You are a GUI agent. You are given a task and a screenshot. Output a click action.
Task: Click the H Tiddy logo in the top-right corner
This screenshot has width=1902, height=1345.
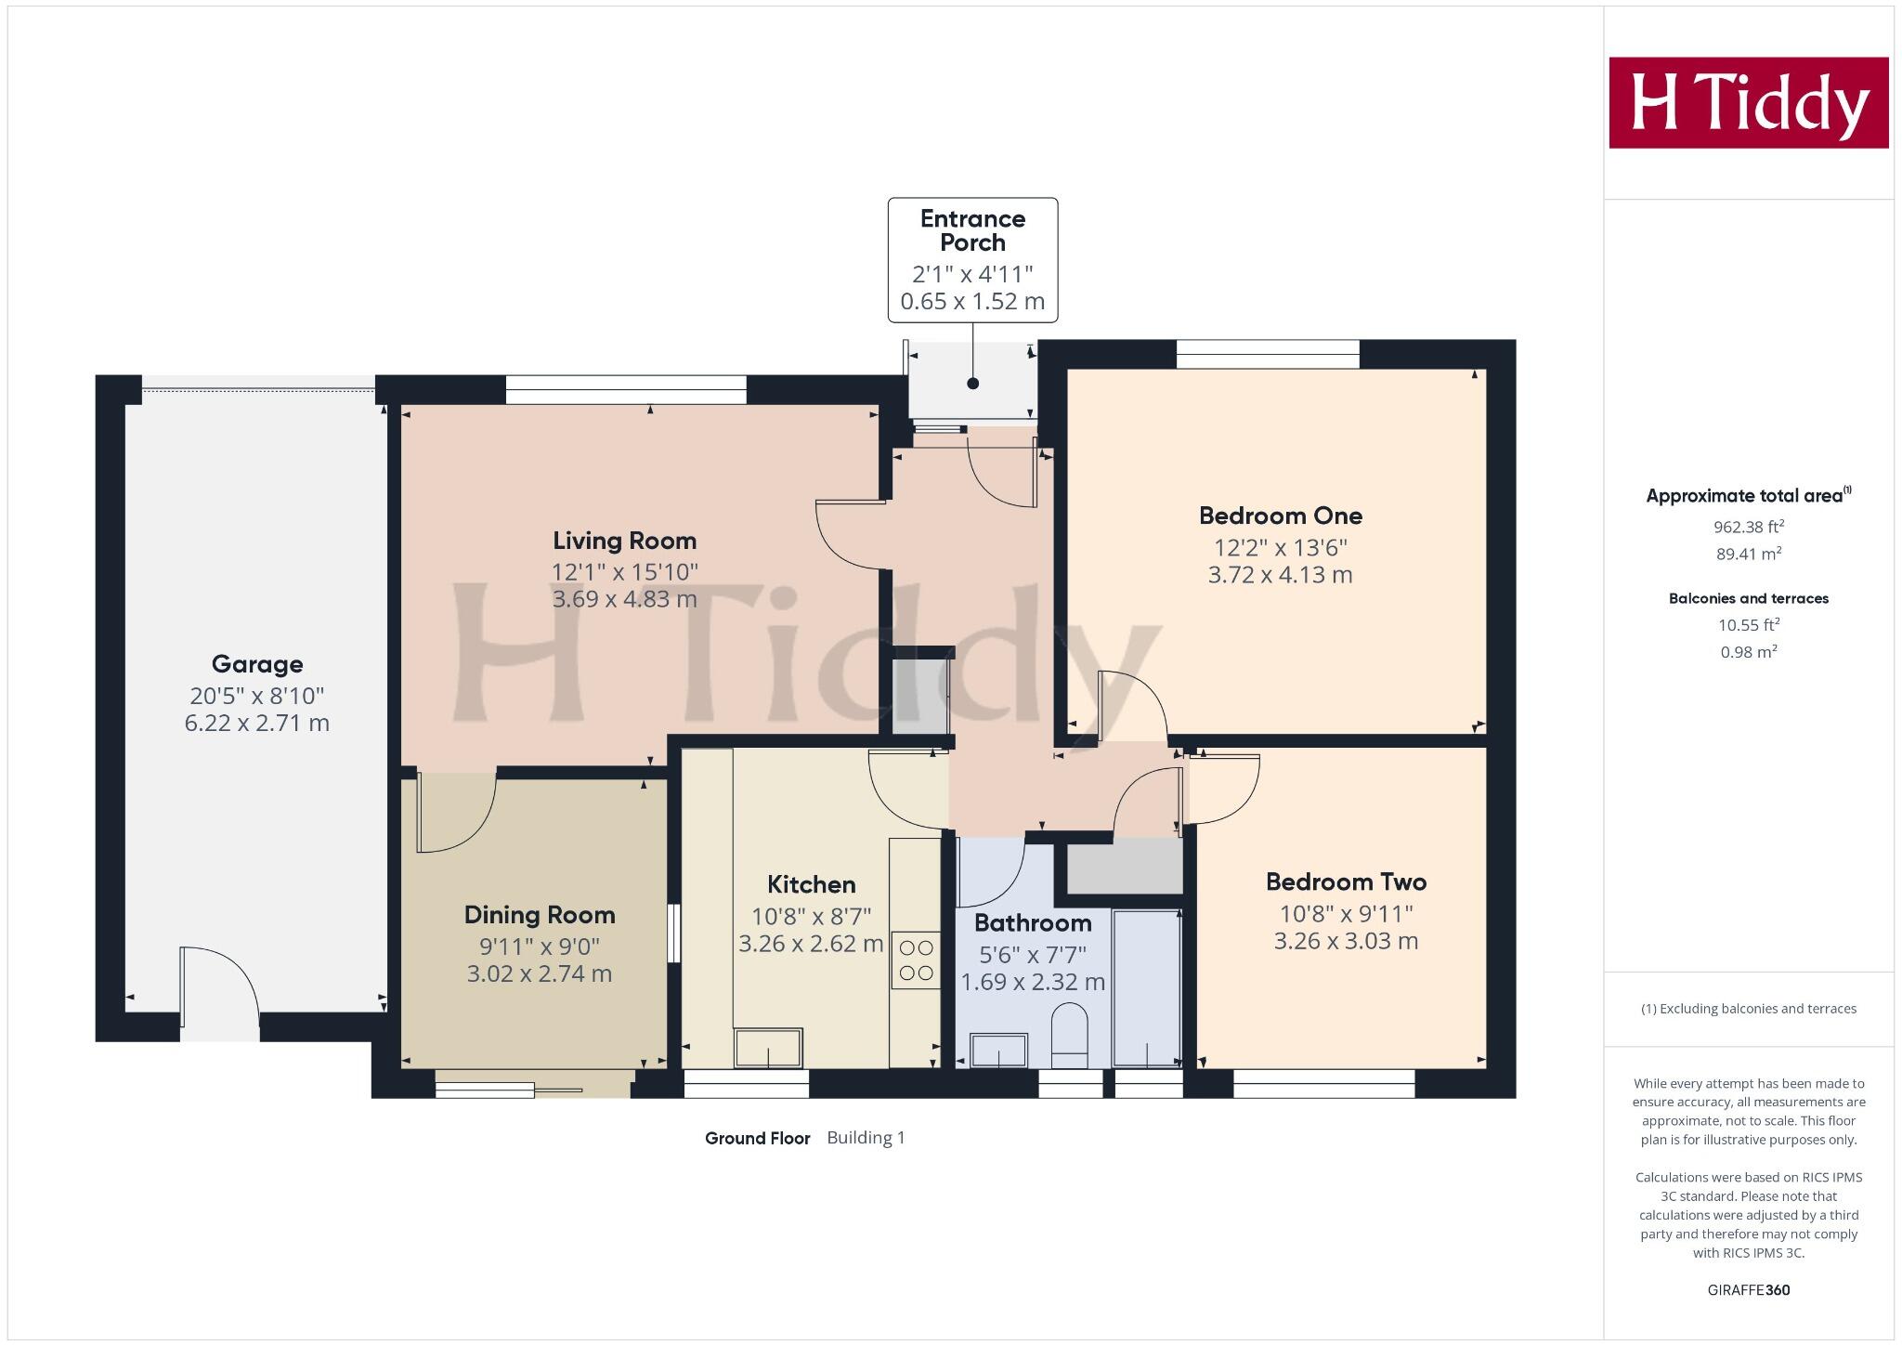pos(1748,102)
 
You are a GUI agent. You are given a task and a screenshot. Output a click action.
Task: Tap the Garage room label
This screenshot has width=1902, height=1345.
pos(257,664)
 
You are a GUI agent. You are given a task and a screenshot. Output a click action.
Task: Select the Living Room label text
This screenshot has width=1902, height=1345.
pos(624,541)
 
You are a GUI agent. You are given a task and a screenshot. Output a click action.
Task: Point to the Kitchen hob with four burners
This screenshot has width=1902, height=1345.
pos(916,960)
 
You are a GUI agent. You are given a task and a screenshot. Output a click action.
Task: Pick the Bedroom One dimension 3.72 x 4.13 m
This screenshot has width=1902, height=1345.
pos(1280,575)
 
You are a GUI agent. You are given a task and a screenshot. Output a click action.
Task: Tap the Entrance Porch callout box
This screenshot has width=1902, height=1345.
pos(972,259)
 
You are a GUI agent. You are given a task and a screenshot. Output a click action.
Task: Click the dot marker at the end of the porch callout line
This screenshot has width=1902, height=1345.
pos(972,384)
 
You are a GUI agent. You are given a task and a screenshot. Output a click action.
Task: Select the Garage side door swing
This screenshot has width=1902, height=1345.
pos(219,987)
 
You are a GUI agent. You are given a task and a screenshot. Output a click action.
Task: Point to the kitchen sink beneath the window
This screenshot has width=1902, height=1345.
pos(768,1048)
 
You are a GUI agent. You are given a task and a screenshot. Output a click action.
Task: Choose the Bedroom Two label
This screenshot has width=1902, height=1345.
pos(1346,881)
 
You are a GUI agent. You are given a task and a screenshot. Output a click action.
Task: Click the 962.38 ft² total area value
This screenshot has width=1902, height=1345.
pos(1748,527)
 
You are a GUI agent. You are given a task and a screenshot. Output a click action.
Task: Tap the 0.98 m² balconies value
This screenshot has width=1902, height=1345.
pos(1748,652)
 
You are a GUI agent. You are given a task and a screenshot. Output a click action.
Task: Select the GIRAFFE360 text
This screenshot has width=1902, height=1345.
pos(1748,1289)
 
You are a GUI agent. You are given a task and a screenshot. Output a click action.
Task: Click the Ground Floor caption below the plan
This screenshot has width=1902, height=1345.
pos(757,1138)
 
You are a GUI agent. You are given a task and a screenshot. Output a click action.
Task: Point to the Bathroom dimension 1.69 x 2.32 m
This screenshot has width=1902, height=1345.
pos(1032,982)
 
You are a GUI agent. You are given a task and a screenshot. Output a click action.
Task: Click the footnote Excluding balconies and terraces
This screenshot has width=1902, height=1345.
pos(1748,1009)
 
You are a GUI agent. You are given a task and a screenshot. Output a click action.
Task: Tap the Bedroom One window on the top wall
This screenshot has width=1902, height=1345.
pos(1268,354)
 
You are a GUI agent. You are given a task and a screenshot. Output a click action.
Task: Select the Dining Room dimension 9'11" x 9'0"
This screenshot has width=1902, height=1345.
pos(539,947)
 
